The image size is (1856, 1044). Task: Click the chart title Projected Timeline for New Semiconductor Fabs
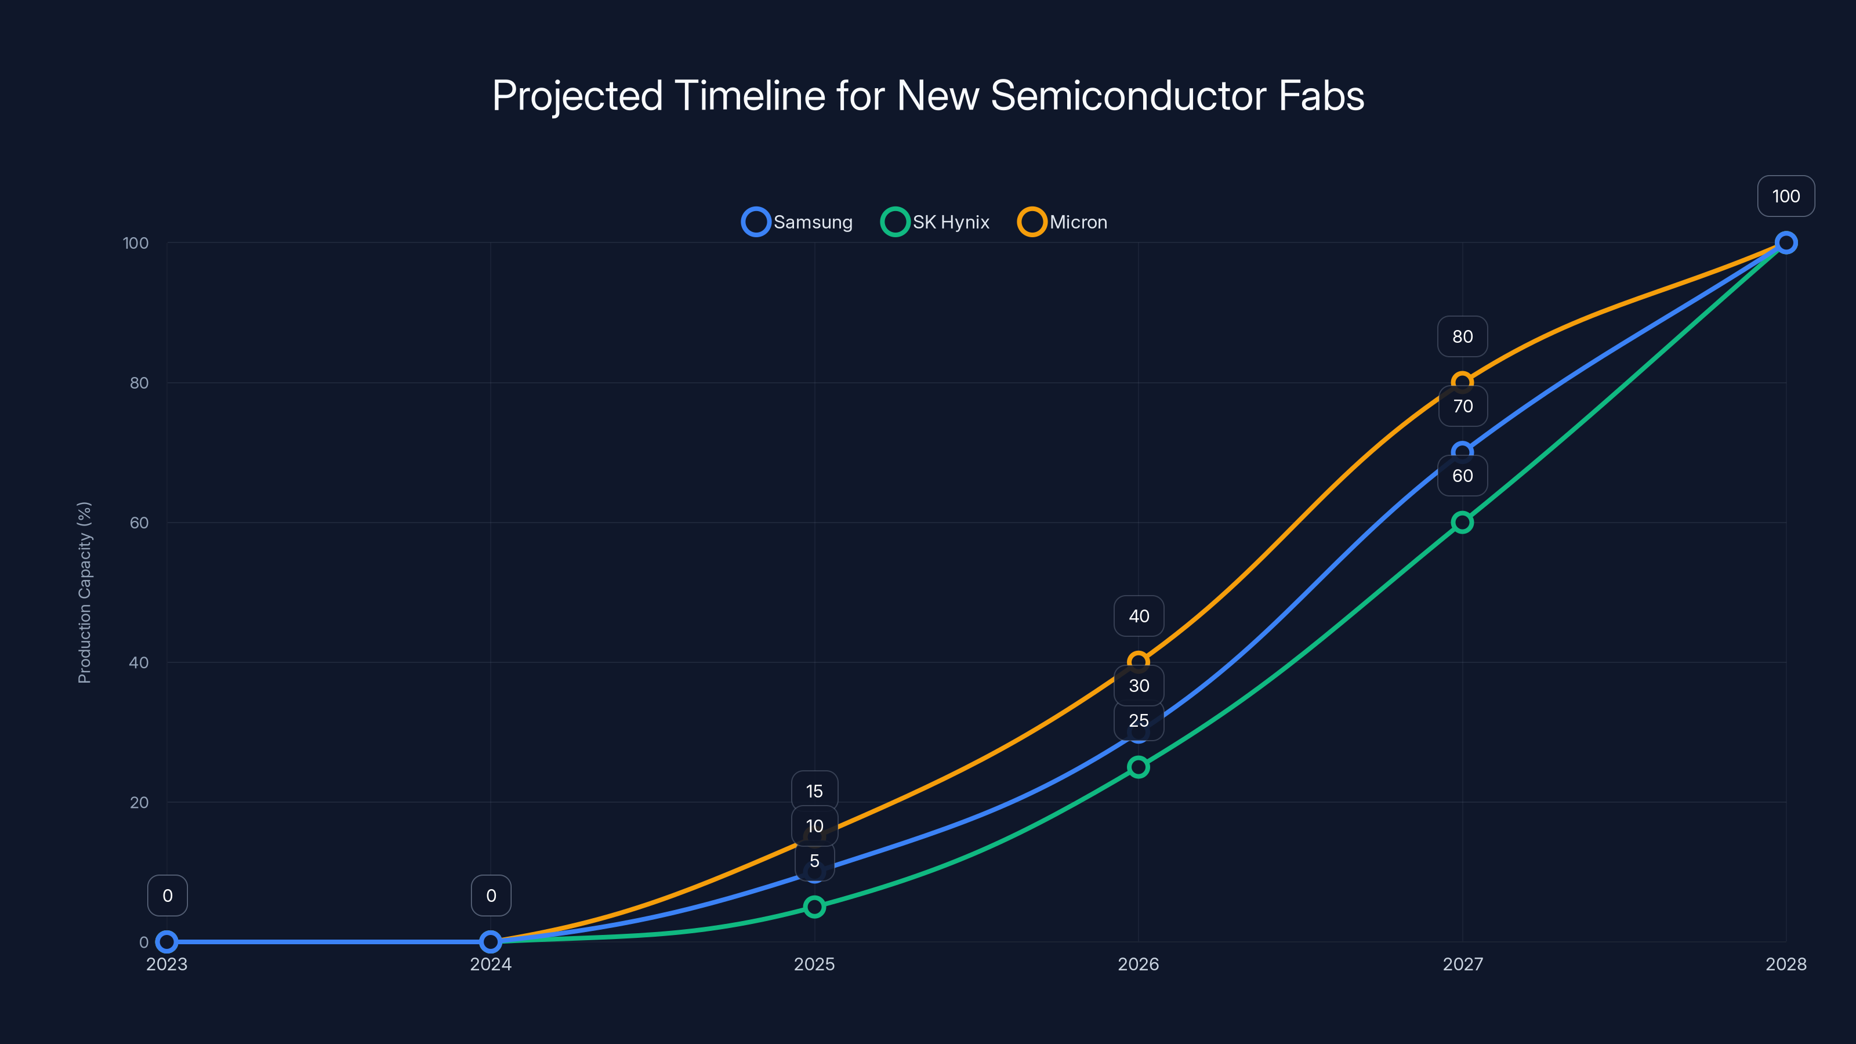pyautogui.click(x=928, y=96)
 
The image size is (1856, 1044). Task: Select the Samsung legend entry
pyautogui.click(x=797, y=222)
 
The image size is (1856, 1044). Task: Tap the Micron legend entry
pyautogui.click(x=1063, y=222)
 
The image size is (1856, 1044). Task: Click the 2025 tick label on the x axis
pyautogui.click(x=814, y=964)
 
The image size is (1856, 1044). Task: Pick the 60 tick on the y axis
pyautogui.click(x=139, y=523)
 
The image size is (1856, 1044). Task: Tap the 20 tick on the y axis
pyautogui.click(x=139, y=802)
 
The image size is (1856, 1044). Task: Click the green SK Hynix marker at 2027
pyautogui.click(x=1462, y=523)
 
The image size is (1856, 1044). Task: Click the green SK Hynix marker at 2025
pyautogui.click(x=814, y=907)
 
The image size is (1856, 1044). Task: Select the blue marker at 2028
pyautogui.click(x=1785, y=243)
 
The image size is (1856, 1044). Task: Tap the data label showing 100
pyautogui.click(x=1785, y=196)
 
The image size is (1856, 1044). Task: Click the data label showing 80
pyautogui.click(x=1462, y=336)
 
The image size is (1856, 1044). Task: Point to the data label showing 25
pyautogui.click(x=1139, y=720)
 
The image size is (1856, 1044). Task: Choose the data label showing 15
pyautogui.click(x=814, y=791)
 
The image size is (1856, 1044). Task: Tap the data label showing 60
pyautogui.click(x=1462, y=476)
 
